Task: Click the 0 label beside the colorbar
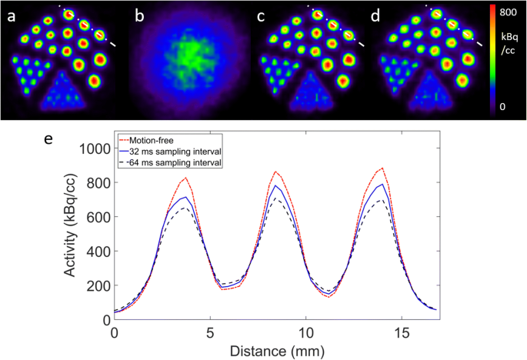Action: (x=502, y=106)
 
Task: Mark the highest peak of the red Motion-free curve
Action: (x=382, y=168)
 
